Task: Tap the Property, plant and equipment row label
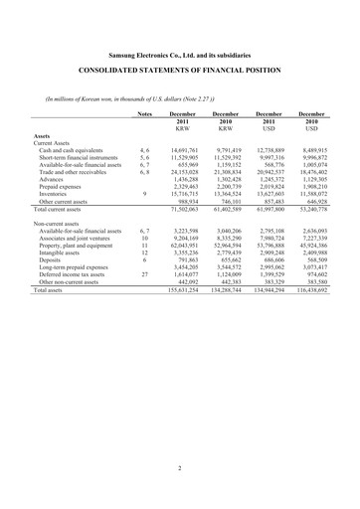(81, 246)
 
